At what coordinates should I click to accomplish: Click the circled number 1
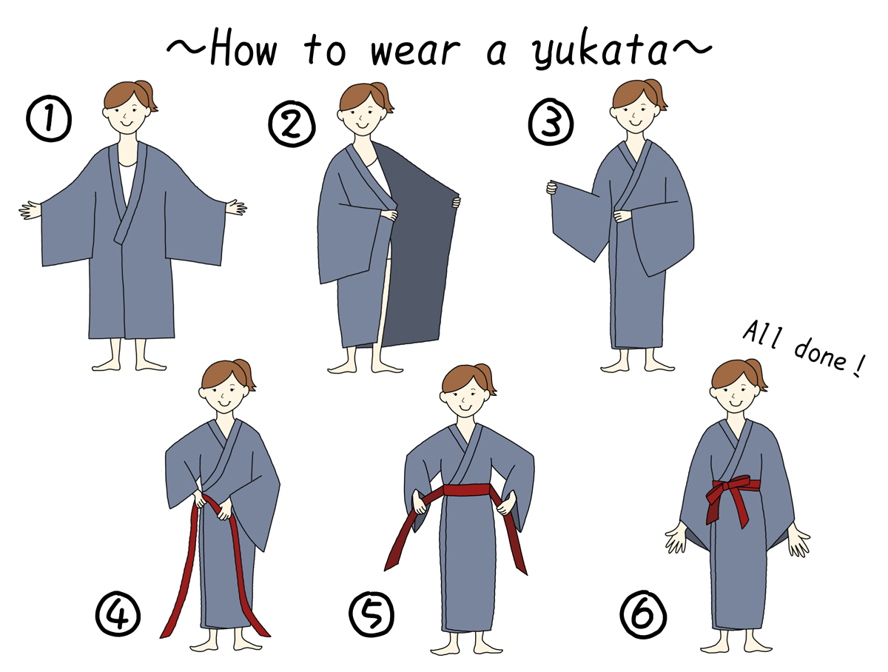(49, 118)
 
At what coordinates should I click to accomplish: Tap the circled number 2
(292, 124)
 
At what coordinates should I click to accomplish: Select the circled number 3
(551, 121)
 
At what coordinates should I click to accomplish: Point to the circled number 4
(118, 614)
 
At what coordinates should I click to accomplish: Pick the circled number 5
(371, 614)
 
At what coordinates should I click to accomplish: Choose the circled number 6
(643, 614)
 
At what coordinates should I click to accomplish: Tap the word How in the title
(243, 47)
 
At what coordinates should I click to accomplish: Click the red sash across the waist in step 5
(466, 489)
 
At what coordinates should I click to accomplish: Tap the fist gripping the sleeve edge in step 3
(551, 188)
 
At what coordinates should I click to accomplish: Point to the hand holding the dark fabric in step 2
(456, 201)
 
